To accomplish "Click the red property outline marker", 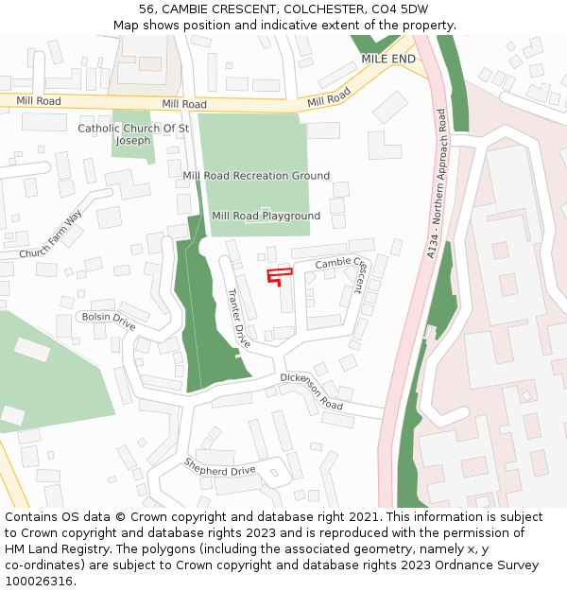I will point(278,276).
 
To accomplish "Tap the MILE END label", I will point(388,59).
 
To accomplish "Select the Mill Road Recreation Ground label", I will point(256,176).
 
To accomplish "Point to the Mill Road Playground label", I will point(266,217).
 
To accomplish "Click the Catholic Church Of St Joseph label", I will point(133,134).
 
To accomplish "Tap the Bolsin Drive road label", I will point(109,321).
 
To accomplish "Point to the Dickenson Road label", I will point(311,390).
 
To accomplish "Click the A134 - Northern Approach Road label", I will point(436,183).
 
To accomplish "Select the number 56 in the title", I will point(146,9).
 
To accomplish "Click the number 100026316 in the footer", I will point(39,582).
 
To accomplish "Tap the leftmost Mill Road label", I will point(38,100).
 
